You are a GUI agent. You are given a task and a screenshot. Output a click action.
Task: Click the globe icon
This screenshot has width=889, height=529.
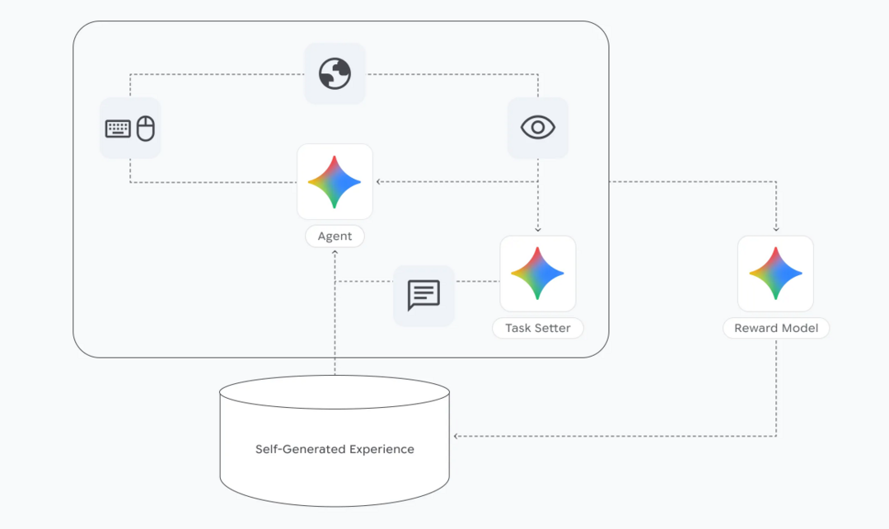335,74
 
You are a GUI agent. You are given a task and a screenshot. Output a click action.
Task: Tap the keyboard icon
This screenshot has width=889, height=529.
118,129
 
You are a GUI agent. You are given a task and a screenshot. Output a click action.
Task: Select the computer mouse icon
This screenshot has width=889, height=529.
146,128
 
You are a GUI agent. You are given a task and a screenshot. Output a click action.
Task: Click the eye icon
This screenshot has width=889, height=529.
537,128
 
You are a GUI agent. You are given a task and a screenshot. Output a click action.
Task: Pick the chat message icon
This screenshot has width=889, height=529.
423,295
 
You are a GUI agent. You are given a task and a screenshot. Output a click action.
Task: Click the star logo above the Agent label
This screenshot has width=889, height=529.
335,181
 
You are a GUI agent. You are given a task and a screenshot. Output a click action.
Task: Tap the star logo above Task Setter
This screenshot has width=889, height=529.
537,274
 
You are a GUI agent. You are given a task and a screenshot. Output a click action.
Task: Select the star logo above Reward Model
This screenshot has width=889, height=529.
775,274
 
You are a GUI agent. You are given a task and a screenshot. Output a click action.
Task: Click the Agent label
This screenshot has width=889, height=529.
335,236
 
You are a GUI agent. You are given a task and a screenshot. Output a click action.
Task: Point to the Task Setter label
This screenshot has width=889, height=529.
537,328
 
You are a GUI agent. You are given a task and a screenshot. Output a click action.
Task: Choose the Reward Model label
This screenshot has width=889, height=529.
775,328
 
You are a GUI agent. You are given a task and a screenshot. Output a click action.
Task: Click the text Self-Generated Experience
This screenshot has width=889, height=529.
335,449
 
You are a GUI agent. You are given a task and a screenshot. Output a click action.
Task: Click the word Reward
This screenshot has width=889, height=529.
755,328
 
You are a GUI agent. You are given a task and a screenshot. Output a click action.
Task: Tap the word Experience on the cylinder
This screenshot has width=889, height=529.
381,449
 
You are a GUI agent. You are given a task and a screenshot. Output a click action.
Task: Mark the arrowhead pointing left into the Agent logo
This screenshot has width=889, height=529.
379,182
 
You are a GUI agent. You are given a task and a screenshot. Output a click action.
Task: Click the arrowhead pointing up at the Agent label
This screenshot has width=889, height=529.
335,251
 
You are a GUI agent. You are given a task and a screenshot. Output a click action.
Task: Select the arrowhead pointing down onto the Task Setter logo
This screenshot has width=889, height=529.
537,231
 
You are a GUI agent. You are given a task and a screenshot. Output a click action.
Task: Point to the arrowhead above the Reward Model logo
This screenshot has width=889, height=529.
775,230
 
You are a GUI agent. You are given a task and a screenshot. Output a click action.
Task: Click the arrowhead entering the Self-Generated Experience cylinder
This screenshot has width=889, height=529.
456,436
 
